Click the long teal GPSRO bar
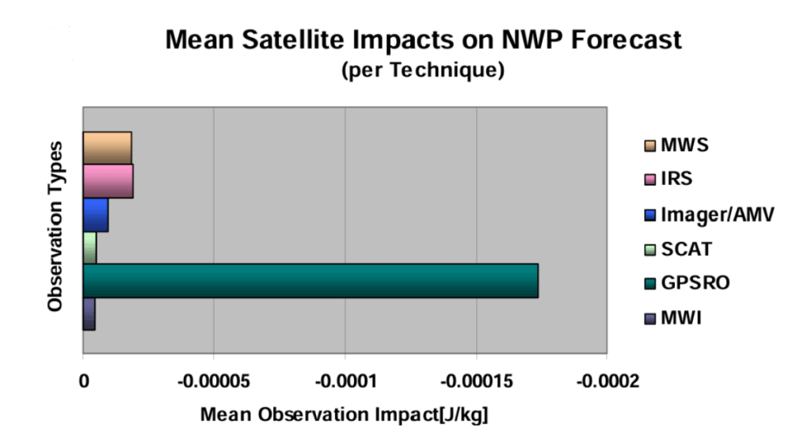point(310,281)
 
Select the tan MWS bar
point(107,148)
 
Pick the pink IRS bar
point(108,181)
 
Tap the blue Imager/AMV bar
point(95,214)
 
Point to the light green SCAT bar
point(89,248)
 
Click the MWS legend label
point(684,146)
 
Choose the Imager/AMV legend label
point(708,214)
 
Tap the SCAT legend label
point(686,249)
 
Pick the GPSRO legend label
point(695,283)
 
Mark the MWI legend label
point(681,318)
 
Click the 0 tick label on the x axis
point(84,381)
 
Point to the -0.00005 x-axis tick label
point(213,381)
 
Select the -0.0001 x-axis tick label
point(345,381)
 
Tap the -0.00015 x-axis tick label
point(476,381)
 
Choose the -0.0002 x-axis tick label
point(607,381)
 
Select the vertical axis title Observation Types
point(55,226)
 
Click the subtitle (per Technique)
point(422,70)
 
